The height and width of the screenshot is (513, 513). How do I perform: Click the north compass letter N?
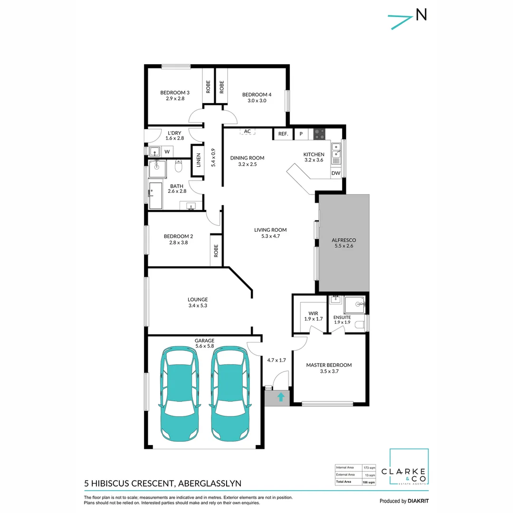[x=421, y=15]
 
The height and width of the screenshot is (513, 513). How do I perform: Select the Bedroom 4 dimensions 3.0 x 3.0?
[x=256, y=101]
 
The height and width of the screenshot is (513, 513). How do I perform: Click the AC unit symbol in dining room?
[x=247, y=132]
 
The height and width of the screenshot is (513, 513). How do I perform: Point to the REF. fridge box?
[x=283, y=134]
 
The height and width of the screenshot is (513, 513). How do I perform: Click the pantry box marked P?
[x=301, y=134]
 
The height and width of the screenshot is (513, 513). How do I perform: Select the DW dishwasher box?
[x=336, y=173]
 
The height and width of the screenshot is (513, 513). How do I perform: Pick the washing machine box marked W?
[x=167, y=152]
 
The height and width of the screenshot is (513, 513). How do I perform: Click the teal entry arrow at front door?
[x=281, y=397]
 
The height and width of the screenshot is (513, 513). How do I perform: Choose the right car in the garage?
[x=229, y=392]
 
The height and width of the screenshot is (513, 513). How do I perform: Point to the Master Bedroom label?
[x=329, y=365]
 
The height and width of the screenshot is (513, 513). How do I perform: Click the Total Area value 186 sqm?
[x=368, y=482]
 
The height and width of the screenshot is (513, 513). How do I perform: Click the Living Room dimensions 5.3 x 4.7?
[x=270, y=236]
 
